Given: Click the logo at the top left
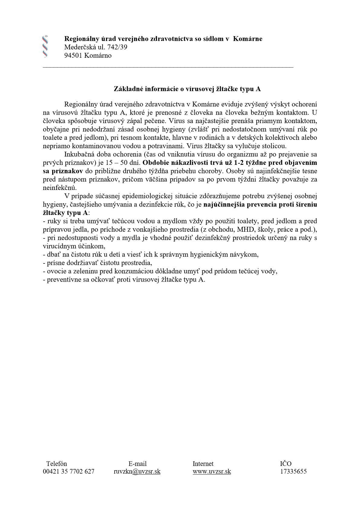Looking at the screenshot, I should point(45,47).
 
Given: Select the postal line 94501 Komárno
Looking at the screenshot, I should point(88,56).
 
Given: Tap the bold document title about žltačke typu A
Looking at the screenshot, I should point(187,89).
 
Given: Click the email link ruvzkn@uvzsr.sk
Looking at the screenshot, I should point(137,471).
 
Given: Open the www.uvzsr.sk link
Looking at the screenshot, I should point(212,471).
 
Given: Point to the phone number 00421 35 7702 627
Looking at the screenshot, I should point(69,471).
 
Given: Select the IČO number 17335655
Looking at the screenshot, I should point(293,471).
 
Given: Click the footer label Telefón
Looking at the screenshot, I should point(57,464).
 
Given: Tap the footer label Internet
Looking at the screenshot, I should point(203,464).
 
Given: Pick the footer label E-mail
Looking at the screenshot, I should point(137,464).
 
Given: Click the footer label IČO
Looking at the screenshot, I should point(286,464).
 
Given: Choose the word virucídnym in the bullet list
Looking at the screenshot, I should point(58,246).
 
